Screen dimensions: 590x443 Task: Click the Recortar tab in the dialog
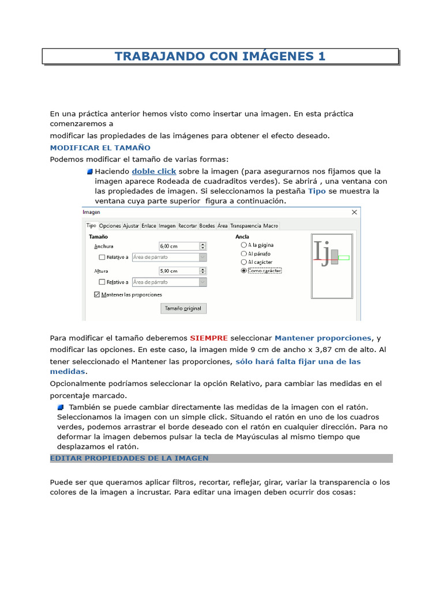(187, 226)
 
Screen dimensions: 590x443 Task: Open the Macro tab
(271, 226)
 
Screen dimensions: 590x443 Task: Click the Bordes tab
(207, 226)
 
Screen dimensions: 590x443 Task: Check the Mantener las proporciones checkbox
(96, 294)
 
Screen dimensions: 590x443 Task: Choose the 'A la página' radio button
(243, 245)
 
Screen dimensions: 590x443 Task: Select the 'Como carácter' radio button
(243, 270)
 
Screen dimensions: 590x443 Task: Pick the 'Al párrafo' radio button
(243, 254)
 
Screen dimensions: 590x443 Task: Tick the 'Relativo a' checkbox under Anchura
(102, 258)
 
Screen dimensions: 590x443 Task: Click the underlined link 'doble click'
(154, 171)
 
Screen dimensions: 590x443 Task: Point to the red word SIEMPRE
(209, 338)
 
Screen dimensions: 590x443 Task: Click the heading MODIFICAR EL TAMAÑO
(100, 147)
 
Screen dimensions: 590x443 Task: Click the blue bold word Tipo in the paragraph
(317, 191)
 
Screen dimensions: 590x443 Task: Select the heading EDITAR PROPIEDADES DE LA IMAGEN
(129, 458)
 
